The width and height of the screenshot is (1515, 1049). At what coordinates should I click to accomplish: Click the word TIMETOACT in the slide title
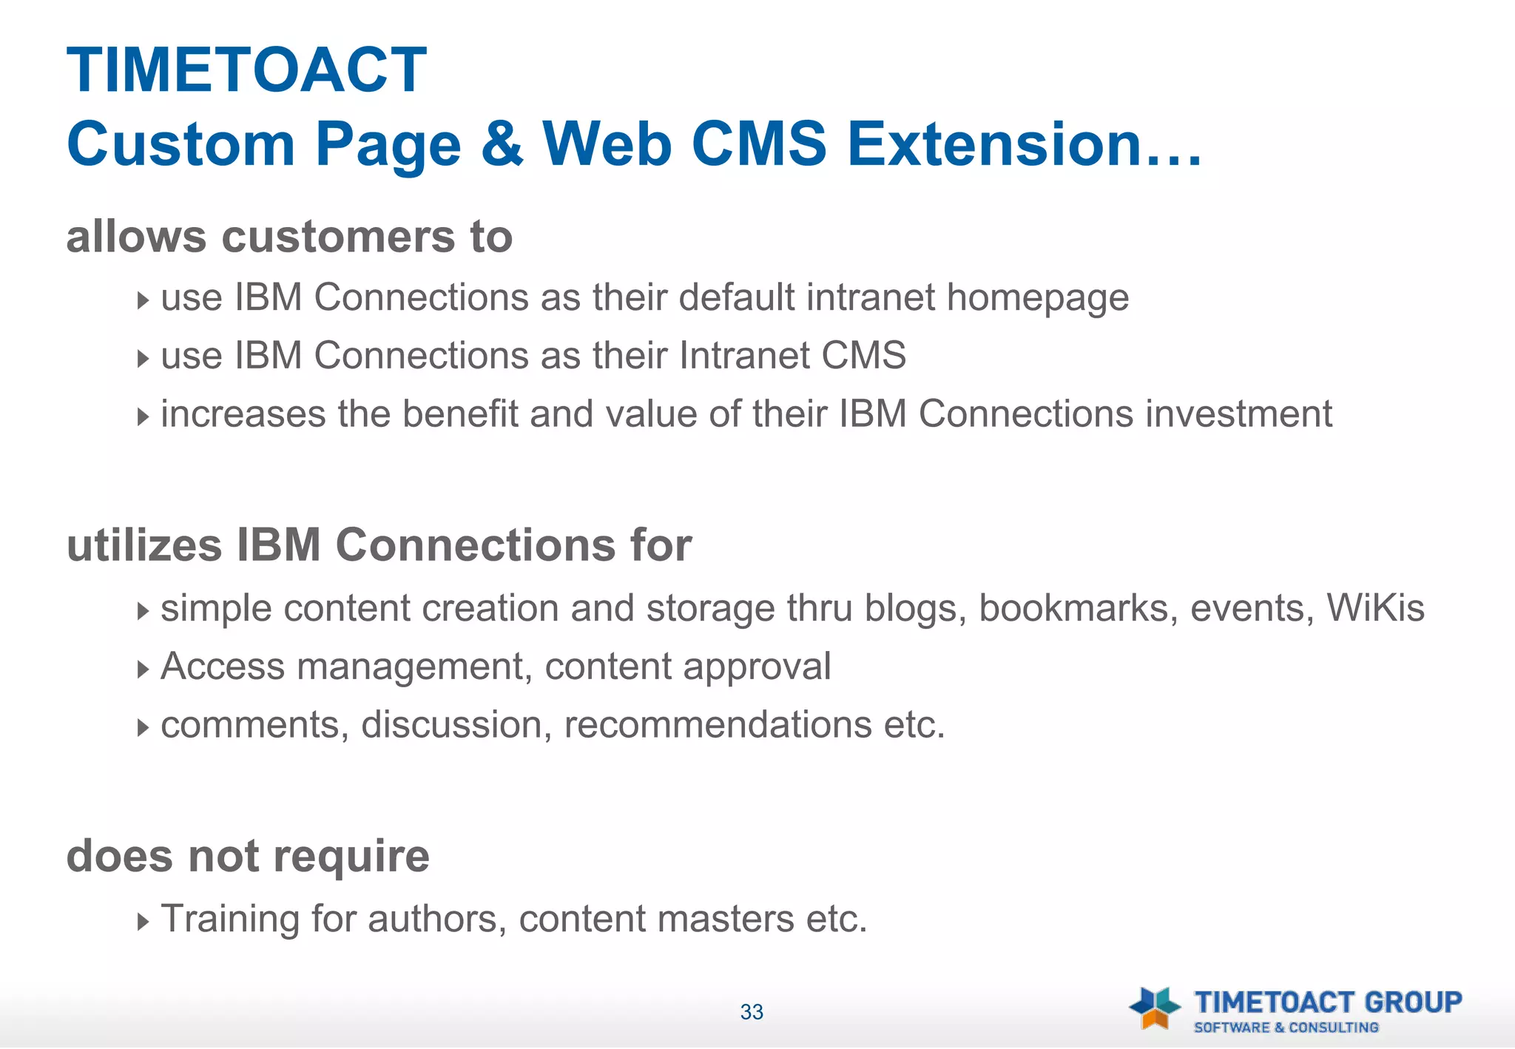click(x=246, y=71)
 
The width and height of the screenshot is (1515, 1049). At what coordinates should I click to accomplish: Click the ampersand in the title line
click(x=502, y=144)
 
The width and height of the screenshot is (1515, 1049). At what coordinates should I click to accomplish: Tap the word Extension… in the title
click(x=1025, y=144)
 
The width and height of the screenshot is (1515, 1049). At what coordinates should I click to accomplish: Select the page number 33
click(x=752, y=1012)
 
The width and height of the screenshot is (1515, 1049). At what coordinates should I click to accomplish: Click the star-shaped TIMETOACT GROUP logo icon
click(x=1154, y=1008)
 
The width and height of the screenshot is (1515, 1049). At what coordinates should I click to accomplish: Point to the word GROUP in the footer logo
click(x=1412, y=1002)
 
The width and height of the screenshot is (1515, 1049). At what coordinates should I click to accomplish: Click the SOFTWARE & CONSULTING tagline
click(x=1286, y=1028)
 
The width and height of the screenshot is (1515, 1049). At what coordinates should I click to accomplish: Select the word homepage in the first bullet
click(x=1037, y=298)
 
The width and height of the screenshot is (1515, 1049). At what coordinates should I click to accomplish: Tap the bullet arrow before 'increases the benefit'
click(x=143, y=416)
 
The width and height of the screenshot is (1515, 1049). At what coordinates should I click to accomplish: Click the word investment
click(x=1238, y=414)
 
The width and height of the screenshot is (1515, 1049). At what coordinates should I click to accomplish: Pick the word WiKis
click(x=1374, y=608)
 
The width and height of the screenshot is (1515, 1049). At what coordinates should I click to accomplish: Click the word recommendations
click(x=718, y=724)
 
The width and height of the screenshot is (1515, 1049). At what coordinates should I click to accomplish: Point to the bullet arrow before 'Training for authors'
click(x=143, y=922)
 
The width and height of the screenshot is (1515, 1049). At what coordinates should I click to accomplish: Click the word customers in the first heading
click(x=338, y=237)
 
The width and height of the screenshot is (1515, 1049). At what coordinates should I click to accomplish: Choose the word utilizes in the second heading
click(x=144, y=545)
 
